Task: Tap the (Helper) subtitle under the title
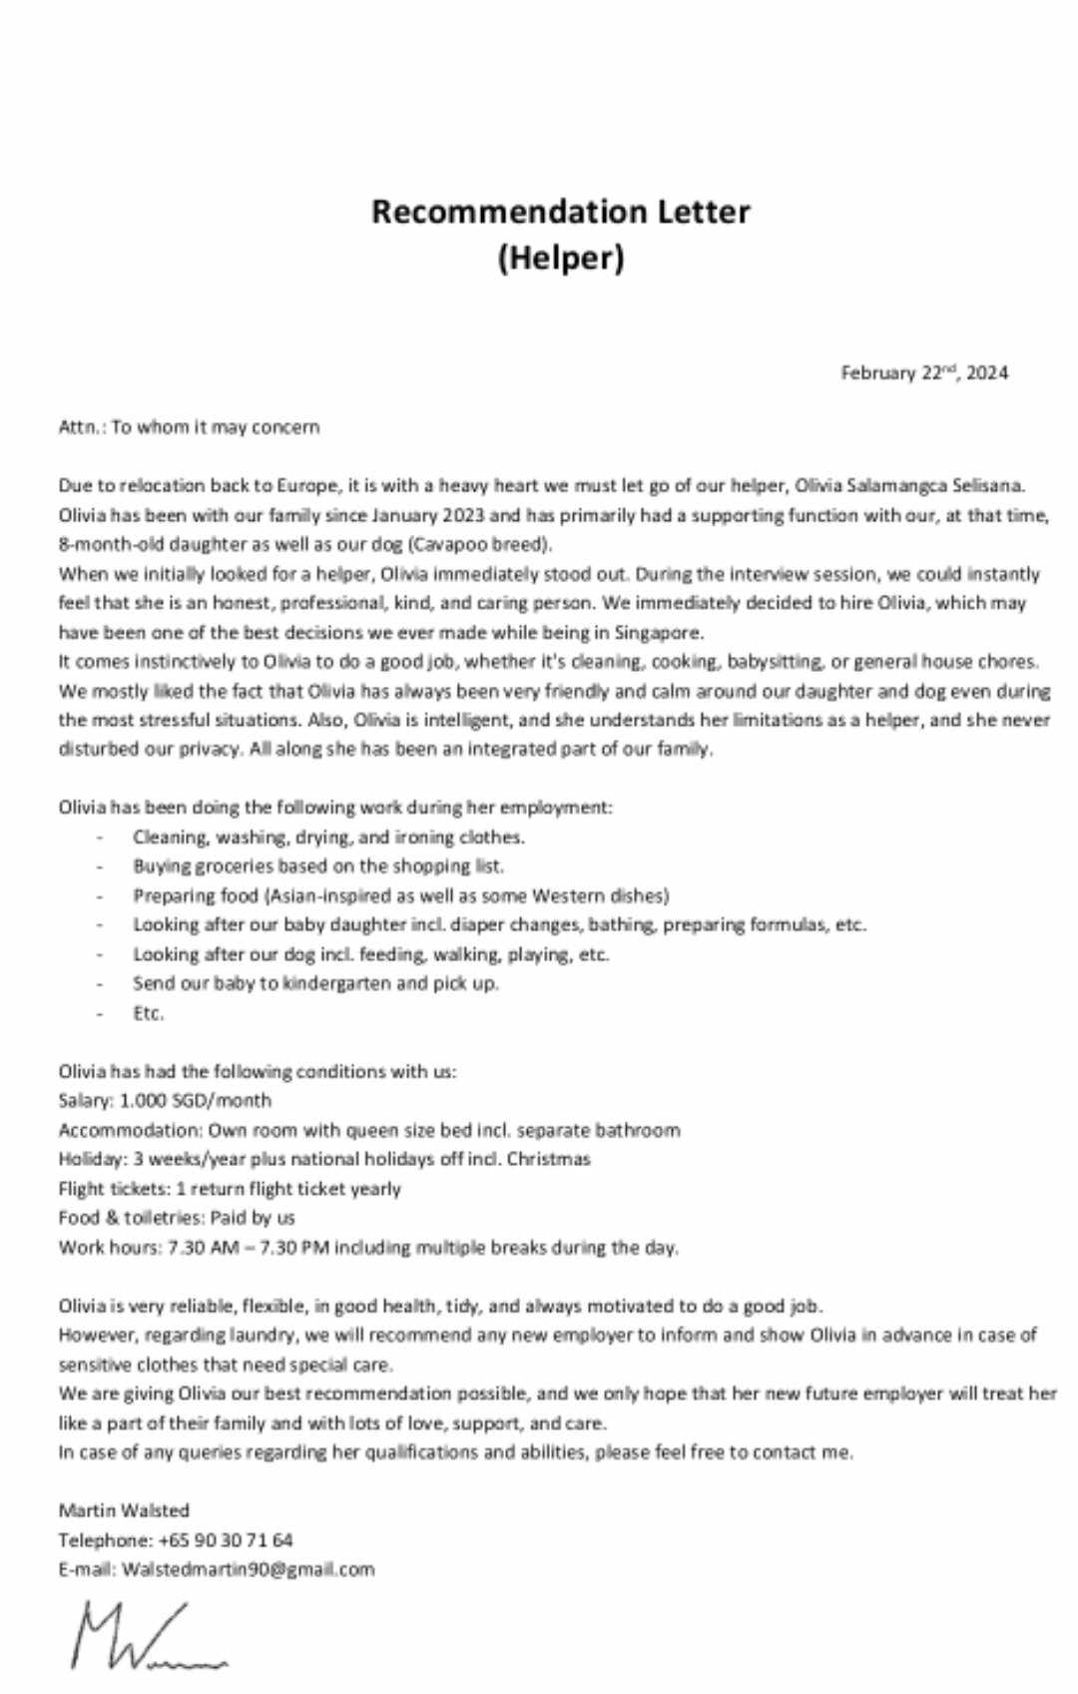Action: pos(561,259)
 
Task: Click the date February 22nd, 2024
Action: pos(924,373)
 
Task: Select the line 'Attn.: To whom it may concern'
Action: pos(190,427)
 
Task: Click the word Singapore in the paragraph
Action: pos(658,632)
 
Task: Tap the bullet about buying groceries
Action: pos(318,866)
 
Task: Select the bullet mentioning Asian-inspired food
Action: pos(401,895)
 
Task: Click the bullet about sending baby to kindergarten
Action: pos(315,983)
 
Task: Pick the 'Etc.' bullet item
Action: pos(149,1013)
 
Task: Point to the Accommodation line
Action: pos(369,1130)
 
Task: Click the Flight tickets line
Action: pos(230,1189)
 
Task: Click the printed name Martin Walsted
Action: pos(124,1510)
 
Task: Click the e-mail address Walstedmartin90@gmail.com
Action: pos(249,1569)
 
